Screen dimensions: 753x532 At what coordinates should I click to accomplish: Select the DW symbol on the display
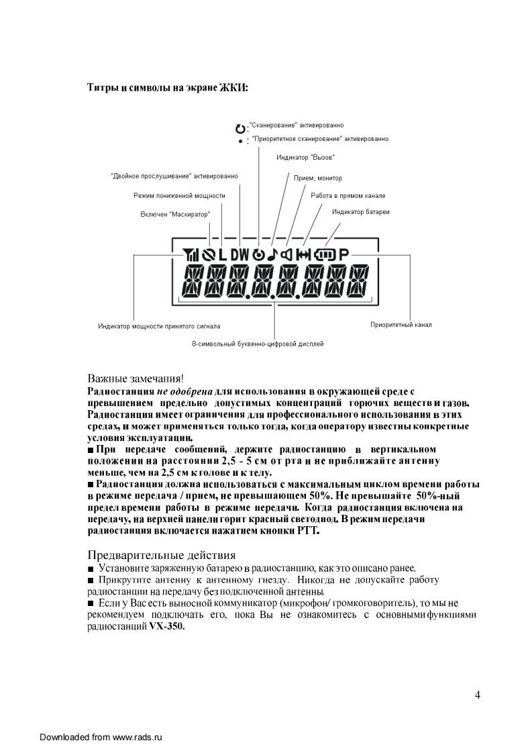[240, 255]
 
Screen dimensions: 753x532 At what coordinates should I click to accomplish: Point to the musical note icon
[272, 255]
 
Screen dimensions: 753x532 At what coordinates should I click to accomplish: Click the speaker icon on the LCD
[288, 255]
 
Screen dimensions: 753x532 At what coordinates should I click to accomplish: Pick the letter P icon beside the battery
[344, 255]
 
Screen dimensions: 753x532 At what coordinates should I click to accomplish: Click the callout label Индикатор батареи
[361, 211]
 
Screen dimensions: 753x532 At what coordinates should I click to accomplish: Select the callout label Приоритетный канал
[401, 325]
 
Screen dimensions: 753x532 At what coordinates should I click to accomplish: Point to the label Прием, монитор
[318, 178]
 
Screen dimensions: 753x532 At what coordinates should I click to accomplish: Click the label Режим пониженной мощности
[179, 195]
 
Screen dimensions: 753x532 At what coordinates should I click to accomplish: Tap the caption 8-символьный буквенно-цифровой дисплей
[258, 344]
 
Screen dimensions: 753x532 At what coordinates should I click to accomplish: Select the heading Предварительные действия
[162, 555]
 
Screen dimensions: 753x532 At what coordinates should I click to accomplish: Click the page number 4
[477, 694]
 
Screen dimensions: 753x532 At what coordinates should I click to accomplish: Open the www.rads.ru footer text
[138, 737]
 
